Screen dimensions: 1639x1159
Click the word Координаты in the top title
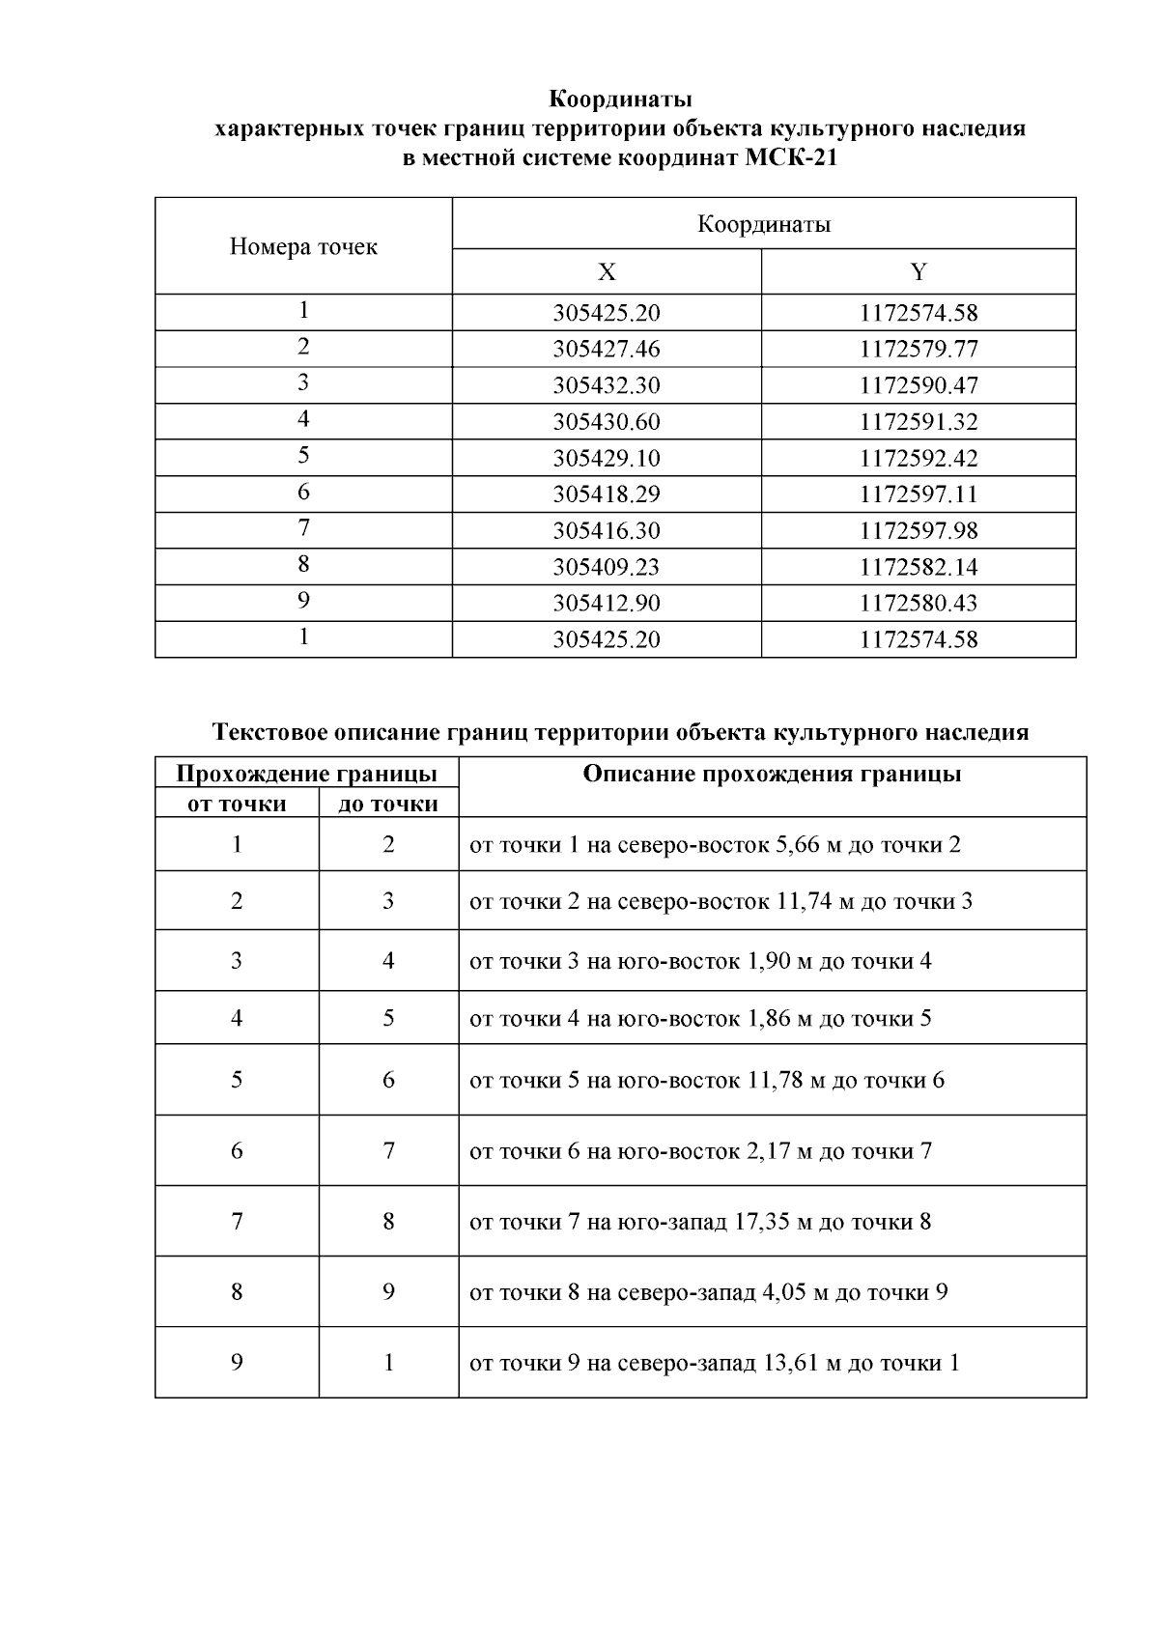[620, 99]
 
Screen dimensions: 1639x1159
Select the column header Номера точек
[303, 247]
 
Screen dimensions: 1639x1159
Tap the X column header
[606, 272]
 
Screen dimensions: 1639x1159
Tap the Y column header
[918, 272]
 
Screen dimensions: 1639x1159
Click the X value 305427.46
[606, 349]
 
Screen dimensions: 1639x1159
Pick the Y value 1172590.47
[918, 385]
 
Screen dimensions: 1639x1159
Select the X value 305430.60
[606, 422]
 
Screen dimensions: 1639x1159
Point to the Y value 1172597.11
[918, 495]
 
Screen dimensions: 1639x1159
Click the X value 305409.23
[606, 567]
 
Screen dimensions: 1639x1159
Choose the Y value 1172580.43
[918, 604]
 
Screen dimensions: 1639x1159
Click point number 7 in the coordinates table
[303, 528]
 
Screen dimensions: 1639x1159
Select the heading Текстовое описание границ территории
[620, 732]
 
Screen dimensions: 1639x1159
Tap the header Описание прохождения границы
[772, 775]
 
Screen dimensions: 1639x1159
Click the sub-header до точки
[387, 804]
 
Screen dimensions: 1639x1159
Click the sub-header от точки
[237, 804]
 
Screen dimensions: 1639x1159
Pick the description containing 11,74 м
[721, 902]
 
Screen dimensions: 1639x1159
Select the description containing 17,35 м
[700, 1222]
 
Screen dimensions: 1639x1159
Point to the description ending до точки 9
[708, 1292]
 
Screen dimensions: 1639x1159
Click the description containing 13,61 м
[714, 1363]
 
